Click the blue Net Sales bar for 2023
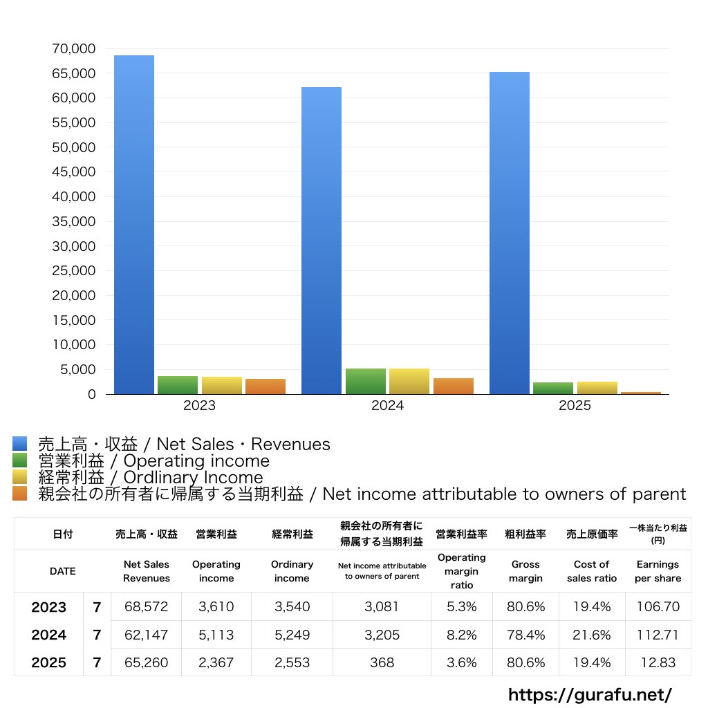click(133, 225)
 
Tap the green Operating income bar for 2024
click(365, 382)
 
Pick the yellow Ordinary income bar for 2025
click(597, 388)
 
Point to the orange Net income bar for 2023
click(265, 386)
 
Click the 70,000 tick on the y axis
click(73, 49)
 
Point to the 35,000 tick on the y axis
click(73, 222)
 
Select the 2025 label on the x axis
click(575, 406)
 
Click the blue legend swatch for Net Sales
click(20, 444)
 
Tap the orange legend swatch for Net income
click(20, 494)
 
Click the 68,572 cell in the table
click(146, 607)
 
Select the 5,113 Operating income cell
click(216, 635)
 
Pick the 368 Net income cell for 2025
click(382, 662)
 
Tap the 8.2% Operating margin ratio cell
click(461, 635)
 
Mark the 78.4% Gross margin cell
click(525, 635)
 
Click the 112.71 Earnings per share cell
click(658, 635)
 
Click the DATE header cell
click(62, 571)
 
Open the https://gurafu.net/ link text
click(590, 694)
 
